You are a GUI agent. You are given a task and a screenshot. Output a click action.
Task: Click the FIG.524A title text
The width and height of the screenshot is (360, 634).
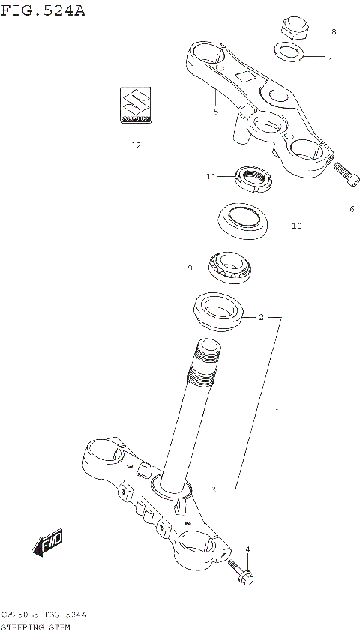43,10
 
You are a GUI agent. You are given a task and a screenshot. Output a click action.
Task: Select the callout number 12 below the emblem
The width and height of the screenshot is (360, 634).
136,145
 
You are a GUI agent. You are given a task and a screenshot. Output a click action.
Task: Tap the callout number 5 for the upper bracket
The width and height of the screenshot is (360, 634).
215,112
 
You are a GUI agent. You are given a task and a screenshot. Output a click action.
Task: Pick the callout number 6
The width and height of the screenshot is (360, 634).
351,209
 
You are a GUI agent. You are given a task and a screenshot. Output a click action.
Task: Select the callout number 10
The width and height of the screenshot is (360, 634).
296,226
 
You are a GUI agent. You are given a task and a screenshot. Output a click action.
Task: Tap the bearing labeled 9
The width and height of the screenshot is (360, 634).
231,266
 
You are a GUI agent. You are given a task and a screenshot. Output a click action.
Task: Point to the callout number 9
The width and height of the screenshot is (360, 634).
190,268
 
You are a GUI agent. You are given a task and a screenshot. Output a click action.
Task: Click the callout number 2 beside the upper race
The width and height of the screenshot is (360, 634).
261,317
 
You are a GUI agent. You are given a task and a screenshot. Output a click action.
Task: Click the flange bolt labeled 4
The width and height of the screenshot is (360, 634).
240,573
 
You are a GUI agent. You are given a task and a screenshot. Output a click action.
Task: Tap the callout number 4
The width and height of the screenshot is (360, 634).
247,550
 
